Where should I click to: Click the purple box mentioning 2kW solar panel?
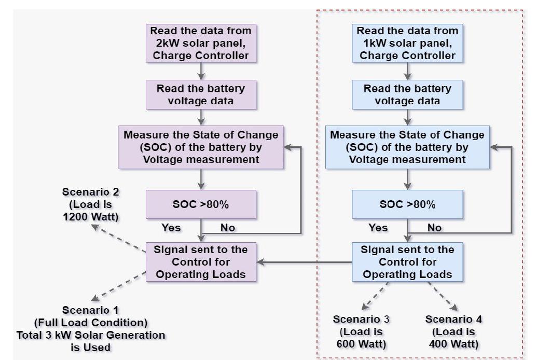pos(201,43)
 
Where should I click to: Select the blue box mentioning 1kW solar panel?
pos(407,43)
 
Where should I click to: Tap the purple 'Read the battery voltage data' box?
pos(201,95)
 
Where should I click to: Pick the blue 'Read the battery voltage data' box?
pos(407,95)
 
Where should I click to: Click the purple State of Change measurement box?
pos(201,147)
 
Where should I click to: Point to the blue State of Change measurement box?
pos(407,147)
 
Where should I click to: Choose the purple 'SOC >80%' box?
pos(201,204)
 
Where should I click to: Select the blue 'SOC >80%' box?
pos(407,204)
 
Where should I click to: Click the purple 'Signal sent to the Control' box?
pos(201,261)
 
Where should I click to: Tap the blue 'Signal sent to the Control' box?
pos(407,261)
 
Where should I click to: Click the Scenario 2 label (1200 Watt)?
pos(91,204)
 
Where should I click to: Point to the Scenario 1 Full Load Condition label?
pos(91,329)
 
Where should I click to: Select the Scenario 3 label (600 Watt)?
pos(361,331)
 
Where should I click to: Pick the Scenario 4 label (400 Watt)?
pos(453,331)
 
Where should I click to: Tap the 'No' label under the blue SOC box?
pos(434,227)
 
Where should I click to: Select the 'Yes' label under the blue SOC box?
pos(378,227)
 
